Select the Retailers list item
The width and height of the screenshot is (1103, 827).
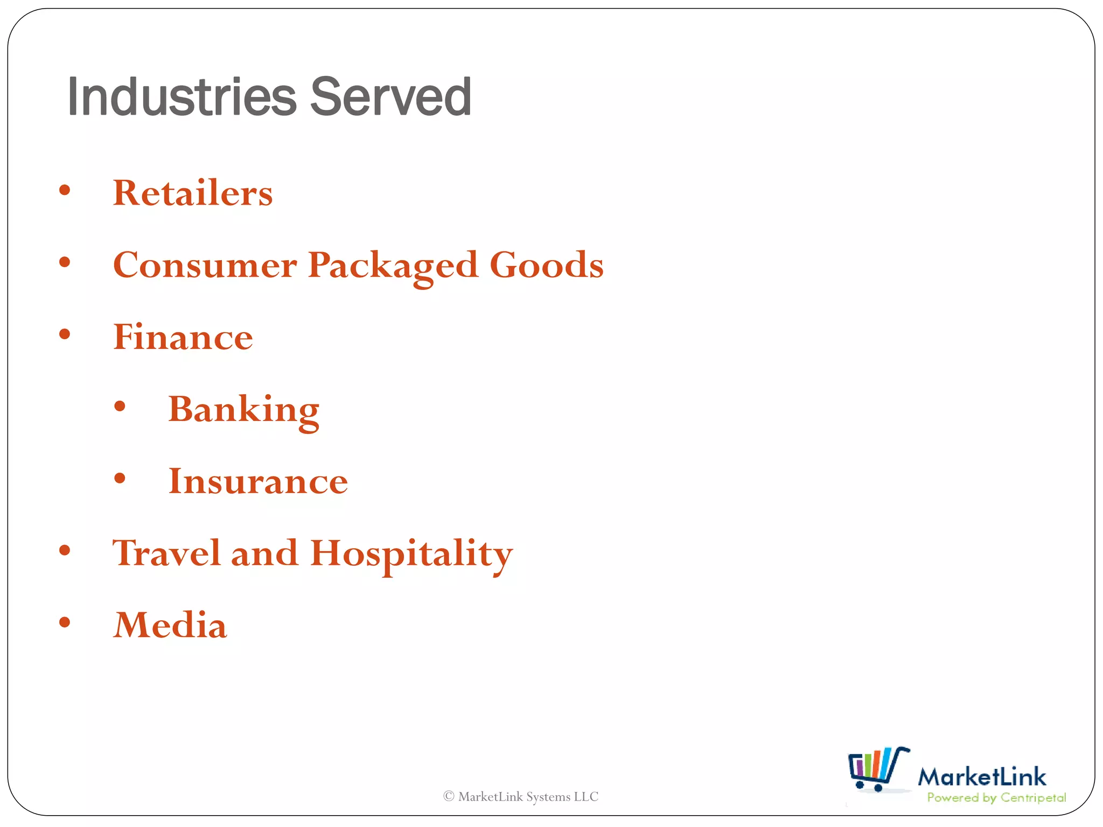192,193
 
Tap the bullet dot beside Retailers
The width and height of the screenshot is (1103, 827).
65,190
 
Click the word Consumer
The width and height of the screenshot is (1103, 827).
205,265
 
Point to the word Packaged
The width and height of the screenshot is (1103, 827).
393,266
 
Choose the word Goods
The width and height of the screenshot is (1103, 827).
546,265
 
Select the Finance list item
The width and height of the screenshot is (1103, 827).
183,337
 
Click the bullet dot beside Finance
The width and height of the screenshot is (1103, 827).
65,334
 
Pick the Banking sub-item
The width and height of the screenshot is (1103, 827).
243,410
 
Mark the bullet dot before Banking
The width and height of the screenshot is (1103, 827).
120,407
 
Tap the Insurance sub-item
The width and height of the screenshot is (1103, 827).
258,481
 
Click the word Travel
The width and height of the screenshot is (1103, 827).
166,553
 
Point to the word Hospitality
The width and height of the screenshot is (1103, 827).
411,554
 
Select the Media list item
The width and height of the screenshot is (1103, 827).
170,625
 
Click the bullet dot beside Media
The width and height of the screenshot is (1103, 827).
65,622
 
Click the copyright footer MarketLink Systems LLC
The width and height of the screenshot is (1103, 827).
521,796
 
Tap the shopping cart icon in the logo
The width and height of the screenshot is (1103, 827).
877,769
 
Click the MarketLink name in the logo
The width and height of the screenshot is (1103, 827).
981,777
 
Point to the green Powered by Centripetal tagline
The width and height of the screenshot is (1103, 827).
996,798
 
